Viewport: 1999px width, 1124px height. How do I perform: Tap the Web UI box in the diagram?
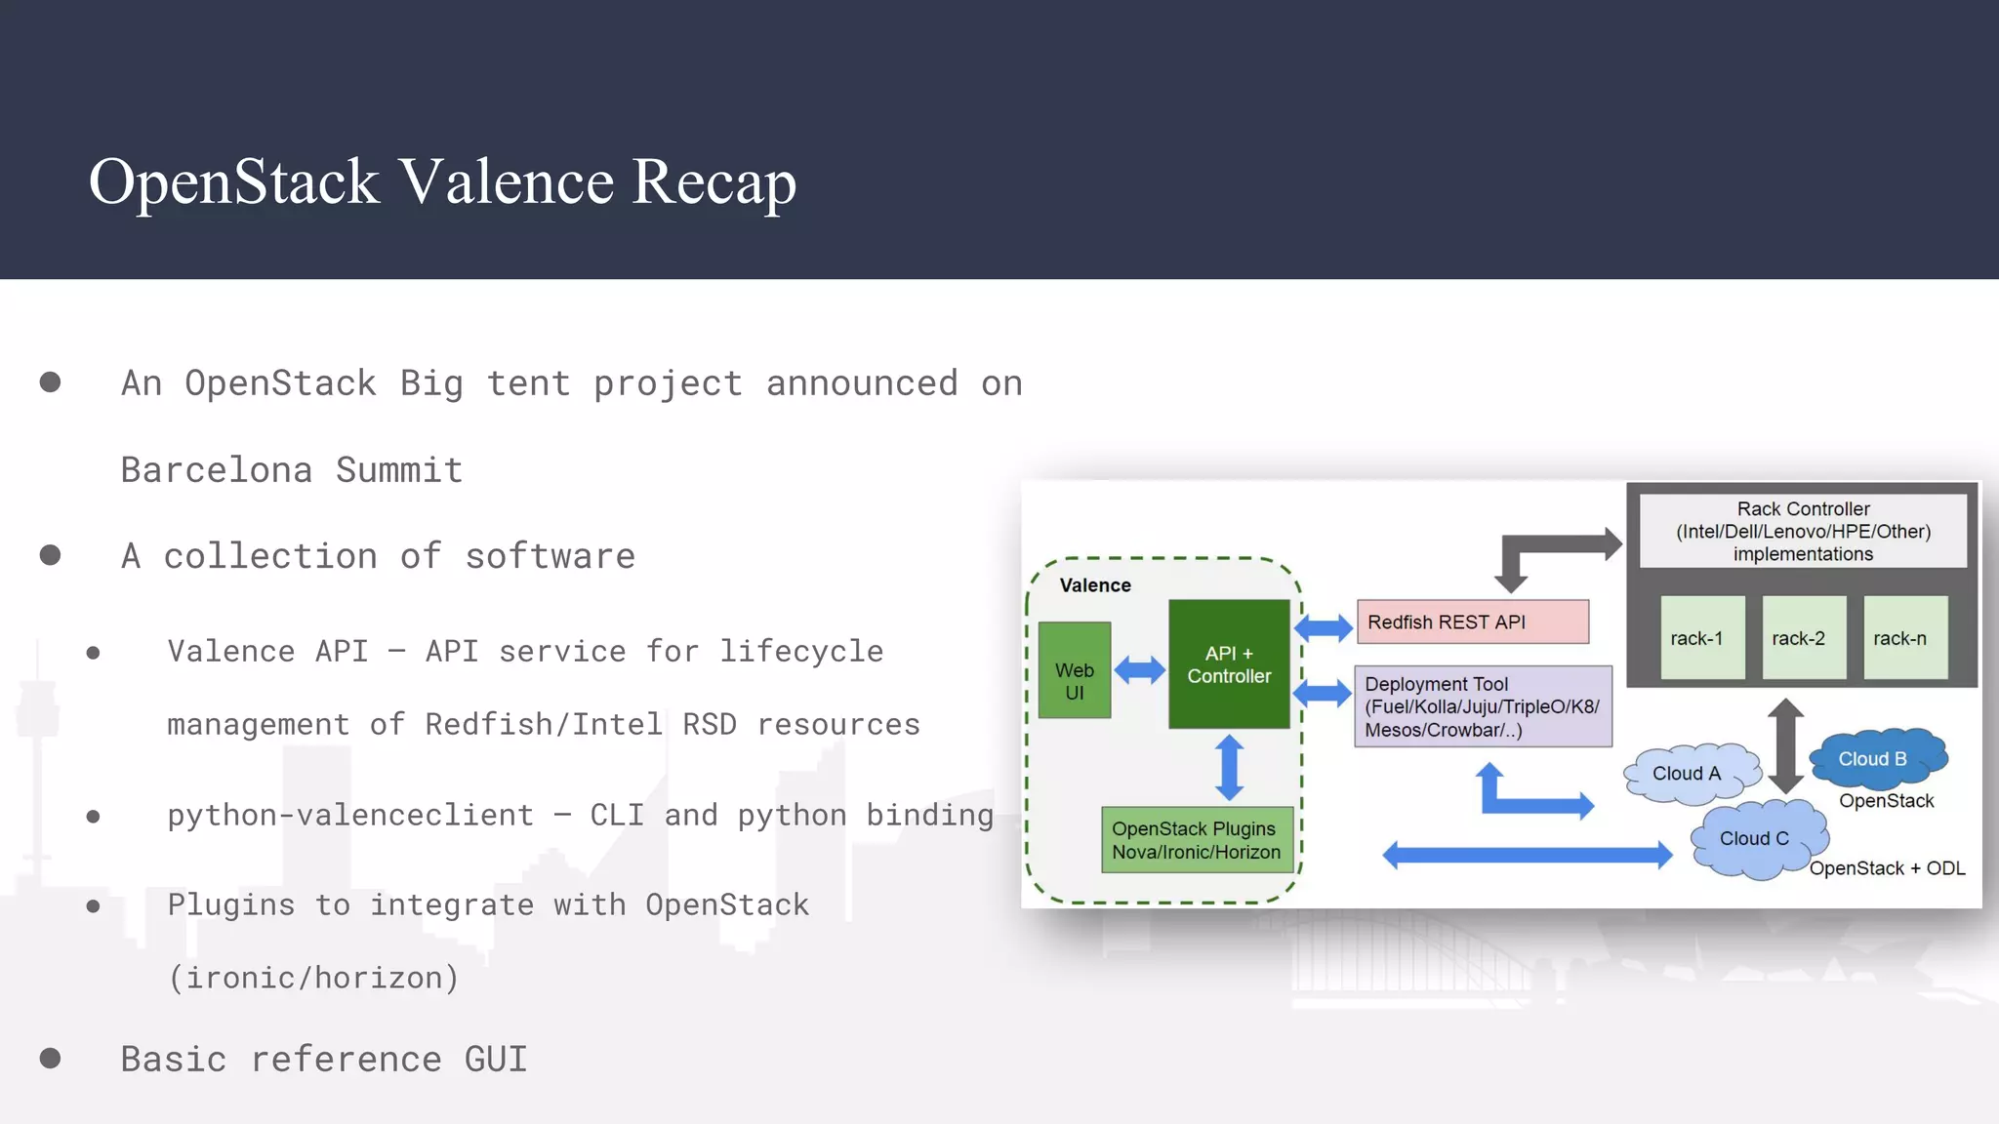pos(1074,670)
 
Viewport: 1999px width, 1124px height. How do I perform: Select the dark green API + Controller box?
pos(1229,664)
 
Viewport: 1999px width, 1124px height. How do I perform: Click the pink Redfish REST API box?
pos(1472,622)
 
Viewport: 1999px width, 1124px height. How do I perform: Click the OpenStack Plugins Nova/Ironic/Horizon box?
pos(1197,840)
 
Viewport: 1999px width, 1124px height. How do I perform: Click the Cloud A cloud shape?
pos(1688,774)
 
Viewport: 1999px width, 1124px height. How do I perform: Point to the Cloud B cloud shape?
pos(1875,758)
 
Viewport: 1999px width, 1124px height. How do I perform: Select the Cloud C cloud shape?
pos(1756,838)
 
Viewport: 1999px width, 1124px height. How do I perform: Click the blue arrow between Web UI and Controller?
pos(1139,670)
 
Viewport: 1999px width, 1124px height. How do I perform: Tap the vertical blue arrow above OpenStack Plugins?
pos(1229,768)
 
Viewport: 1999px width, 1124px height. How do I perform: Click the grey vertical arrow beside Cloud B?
pos(1785,746)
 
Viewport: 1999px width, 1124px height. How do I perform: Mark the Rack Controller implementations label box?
pos(1803,531)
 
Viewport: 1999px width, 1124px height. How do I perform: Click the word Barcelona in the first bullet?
pos(217,470)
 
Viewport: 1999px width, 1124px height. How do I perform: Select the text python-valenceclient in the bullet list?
pos(350,815)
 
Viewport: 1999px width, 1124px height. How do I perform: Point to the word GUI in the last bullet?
pos(495,1060)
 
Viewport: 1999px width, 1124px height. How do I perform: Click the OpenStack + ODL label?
pos(1887,868)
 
